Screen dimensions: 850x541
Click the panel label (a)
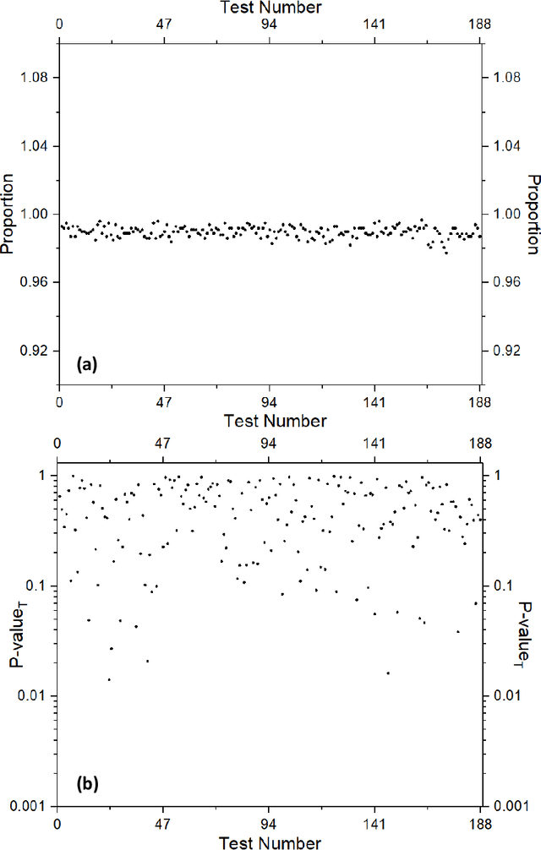click(88, 365)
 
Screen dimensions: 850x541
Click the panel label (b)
click(86, 784)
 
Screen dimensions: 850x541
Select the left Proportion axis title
click(8, 215)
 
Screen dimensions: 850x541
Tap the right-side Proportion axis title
click(533, 215)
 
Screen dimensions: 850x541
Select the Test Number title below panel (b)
click(270, 842)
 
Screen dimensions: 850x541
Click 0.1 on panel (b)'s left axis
click(38, 586)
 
